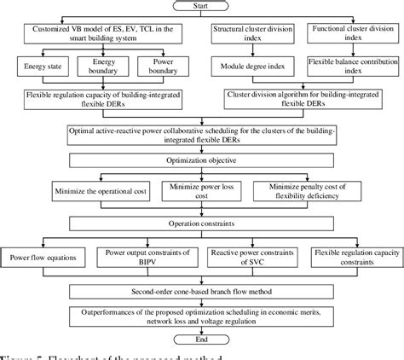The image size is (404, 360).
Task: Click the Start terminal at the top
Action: tap(202, 9)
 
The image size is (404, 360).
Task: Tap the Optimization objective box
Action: tap(202, 159)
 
